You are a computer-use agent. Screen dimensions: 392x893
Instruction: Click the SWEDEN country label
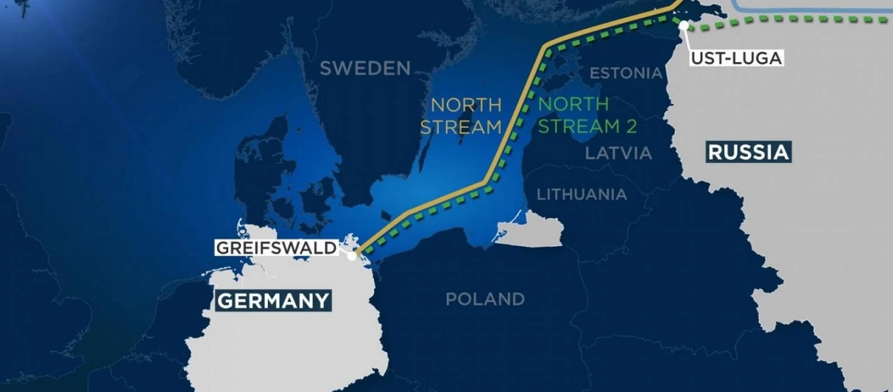(x=365, y=68)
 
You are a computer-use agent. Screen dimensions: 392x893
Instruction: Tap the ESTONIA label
(x=626, y=73)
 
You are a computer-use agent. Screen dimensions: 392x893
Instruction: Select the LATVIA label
(x=618, y=154)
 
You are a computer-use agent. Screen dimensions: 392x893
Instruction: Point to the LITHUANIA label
(x=581, y=194)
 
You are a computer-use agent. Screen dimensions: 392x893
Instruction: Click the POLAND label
(x=484, y=299)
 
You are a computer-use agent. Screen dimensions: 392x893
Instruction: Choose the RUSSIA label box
(x=748, y=153)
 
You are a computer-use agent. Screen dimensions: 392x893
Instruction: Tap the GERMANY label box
(x=273, y=301)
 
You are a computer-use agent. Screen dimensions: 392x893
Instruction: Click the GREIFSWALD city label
(x=276, y=248)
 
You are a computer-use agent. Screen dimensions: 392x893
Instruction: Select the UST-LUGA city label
(x=736, y=57)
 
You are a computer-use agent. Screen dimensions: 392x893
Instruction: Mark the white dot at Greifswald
(x=352, y=256)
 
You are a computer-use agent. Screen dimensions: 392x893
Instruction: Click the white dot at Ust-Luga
(x=683, y=25)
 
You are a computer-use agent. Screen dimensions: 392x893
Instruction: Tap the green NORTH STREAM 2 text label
(x=586, y=116)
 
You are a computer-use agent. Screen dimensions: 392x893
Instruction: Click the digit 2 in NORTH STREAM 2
(x=630, y=127)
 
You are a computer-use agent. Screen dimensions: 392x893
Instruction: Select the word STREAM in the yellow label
(x=460, y=127)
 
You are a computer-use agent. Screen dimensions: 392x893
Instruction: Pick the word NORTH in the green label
(x=573, y=105)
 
